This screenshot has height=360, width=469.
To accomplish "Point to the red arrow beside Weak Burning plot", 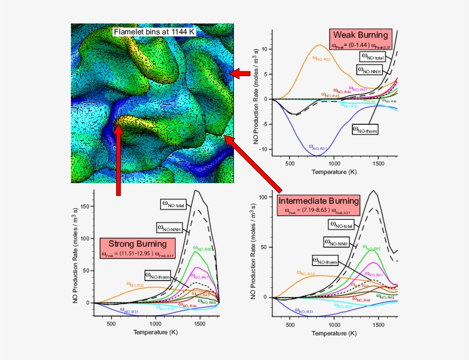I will tap(243, 73).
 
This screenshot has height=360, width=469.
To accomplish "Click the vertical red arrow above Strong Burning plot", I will tap(118, 160).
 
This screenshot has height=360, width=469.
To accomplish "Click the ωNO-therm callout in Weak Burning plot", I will tap(366, 129).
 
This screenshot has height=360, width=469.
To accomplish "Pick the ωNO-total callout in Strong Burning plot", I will tap(173, 203).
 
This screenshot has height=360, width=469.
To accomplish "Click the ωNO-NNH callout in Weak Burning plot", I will tap(370, 70).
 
